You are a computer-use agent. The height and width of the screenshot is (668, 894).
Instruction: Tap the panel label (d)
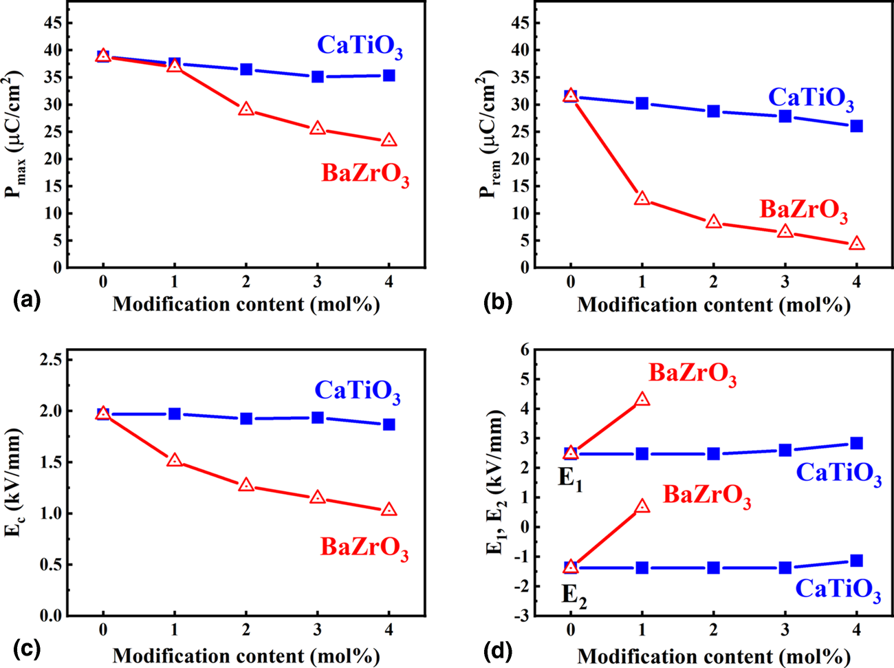pos(497,649)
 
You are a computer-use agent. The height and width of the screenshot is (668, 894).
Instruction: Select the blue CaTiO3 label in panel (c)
pos(358,391)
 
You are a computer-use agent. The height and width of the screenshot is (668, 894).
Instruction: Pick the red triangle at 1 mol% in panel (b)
pos(642,199)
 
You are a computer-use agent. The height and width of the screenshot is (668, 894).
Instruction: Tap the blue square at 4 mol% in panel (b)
pos(856,126)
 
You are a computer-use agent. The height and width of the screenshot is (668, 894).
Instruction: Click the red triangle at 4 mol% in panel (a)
pos(389,140)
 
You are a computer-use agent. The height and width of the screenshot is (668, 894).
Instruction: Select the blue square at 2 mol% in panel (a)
pos(246,69)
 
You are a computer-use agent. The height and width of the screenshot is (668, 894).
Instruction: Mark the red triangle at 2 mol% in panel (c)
pos(246,486)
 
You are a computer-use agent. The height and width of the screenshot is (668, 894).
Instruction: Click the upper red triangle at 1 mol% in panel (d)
pos(642,400)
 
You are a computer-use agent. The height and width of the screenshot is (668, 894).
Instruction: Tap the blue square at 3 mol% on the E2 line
pos(785,568)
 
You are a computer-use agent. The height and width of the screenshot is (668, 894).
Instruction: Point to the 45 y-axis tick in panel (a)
pos(53,23)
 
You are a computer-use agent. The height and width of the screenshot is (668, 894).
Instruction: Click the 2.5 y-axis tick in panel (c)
pos(50,360)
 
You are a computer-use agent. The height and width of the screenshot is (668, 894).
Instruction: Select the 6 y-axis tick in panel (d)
pos(525,350)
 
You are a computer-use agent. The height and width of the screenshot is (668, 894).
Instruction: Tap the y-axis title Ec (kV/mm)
pos(14,492)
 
